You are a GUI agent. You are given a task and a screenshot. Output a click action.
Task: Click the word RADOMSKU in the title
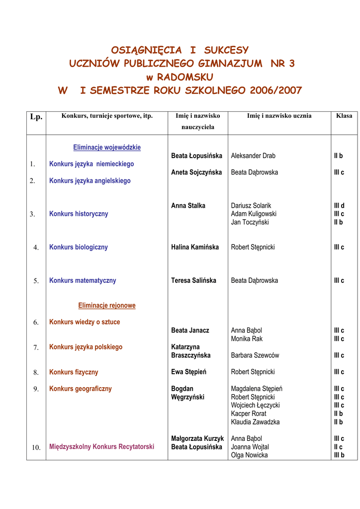tap(185, 77)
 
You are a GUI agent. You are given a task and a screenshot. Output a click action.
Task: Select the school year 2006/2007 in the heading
tap(276, 91)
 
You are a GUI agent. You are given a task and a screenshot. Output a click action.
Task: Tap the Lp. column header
tap(36, 117)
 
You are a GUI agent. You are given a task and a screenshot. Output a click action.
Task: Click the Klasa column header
tap(344, 116)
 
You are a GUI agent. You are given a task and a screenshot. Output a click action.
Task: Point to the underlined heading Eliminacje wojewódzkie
tap(107, 148)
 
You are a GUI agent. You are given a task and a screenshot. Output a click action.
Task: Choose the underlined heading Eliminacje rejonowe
tap(107, 306)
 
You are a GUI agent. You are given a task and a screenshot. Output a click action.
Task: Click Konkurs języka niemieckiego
tap(91, 164)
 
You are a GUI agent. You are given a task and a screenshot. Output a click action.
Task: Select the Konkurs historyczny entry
tap(79, 214)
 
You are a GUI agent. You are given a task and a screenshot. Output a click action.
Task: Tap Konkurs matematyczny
tap(83, 281)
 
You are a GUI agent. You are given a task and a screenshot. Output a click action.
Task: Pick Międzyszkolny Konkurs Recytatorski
tap(101, 447)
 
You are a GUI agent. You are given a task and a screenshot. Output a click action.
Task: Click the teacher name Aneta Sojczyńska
tap(196, 172)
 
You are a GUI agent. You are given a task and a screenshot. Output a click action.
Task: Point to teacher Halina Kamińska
tap(195, 248)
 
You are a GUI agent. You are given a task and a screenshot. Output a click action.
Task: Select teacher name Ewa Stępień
tap(188, 372)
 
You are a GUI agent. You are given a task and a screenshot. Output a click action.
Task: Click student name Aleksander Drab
tap(253, 156)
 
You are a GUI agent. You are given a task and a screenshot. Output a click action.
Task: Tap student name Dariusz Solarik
tap(251, 206)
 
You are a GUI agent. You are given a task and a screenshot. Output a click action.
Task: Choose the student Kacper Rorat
tap(249, 414)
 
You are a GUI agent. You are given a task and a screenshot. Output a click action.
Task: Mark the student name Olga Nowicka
tap(250, 455)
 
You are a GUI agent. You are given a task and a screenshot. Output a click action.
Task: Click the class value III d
tap(339, 206)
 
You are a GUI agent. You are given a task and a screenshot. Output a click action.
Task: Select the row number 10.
tap(36, 447)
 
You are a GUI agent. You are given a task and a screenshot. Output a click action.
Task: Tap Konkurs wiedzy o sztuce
tap(85, 322)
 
